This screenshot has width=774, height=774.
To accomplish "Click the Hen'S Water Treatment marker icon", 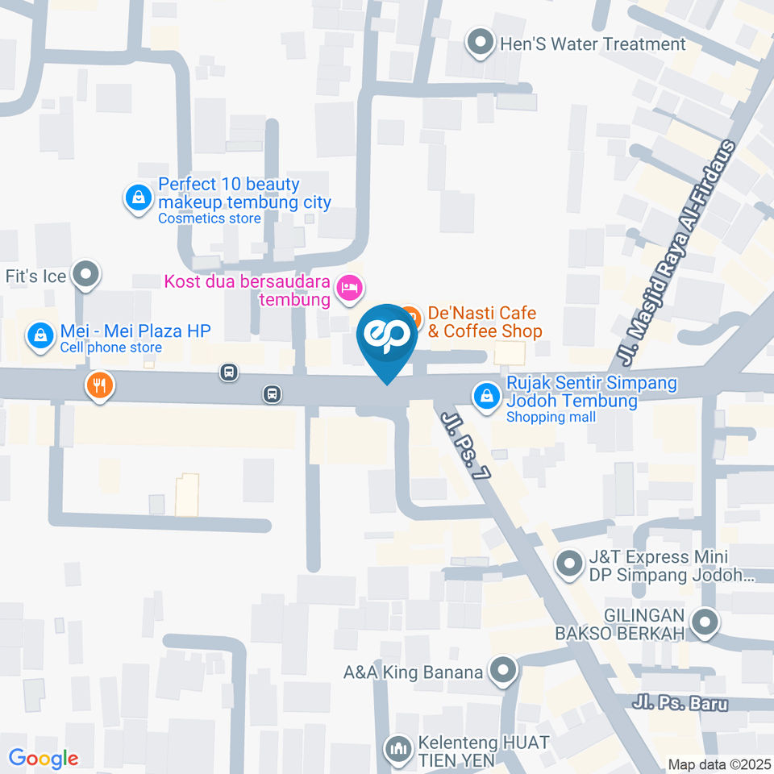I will click(x=481, y=44).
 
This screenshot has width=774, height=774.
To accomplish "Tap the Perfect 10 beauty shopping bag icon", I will click(x=139, y=198).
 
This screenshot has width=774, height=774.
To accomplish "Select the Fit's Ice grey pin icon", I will click(x=85, y=276).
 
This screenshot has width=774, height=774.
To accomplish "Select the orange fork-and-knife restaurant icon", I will click(x=99, y=385).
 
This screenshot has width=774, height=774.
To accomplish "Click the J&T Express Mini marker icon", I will click(x=570, y=564).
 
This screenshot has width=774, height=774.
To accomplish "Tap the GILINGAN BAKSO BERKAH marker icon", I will click(x=705, y=622).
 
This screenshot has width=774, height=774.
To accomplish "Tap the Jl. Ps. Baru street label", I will click(x=681, y=703).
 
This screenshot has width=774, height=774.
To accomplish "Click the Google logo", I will click(x=43, y=758).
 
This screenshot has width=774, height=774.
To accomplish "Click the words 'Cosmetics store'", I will click(x=210, y=218).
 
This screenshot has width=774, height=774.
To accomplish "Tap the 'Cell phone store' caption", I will click(x=111, y=347).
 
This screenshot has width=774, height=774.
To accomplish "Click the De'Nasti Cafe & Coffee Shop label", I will click(x=482, y=322).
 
